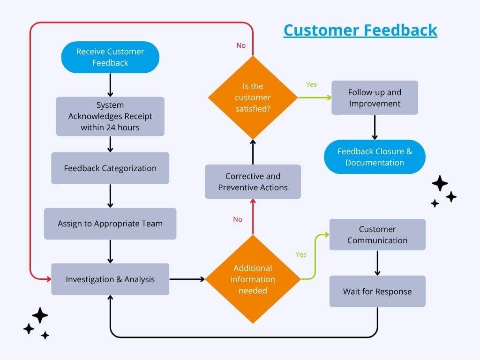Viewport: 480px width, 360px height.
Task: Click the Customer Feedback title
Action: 360,30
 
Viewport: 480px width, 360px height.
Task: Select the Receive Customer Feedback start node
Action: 110,57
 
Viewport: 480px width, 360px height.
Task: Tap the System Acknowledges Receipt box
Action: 110,116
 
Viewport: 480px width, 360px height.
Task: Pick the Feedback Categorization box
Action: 110,168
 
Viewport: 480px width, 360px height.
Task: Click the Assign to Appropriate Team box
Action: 110,224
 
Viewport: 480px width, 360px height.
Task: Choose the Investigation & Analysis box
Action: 110,279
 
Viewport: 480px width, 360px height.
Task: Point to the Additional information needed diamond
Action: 253,279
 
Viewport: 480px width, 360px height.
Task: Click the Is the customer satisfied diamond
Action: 253,97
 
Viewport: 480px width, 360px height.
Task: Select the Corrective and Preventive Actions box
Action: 253,181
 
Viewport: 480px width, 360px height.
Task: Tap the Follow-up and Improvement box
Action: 375,97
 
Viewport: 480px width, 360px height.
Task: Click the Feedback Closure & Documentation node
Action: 375,157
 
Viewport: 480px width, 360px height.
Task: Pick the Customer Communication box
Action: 377,234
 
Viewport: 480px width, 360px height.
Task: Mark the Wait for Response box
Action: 377,291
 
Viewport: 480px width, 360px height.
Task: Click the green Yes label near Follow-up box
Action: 311,84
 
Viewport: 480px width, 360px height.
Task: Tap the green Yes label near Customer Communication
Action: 301,255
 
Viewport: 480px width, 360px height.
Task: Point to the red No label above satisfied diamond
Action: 241,45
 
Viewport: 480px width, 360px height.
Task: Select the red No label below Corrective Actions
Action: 238,219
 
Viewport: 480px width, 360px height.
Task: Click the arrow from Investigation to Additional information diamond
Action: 187,279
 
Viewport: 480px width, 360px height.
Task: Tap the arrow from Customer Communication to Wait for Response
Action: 377,263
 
